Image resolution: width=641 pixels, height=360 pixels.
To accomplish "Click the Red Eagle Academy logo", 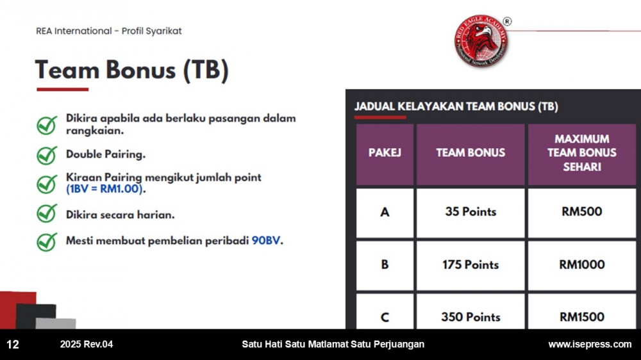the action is click(481, 41).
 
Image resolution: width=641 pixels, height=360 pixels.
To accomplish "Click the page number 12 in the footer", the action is click(13, 345).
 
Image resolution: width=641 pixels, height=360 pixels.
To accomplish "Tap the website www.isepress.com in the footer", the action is click(590, 344).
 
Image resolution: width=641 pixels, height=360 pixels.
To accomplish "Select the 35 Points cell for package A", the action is click(470, 213).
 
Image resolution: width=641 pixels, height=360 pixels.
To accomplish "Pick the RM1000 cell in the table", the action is click(582, 265).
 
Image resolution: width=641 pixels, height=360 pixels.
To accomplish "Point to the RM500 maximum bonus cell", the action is click(582, 213).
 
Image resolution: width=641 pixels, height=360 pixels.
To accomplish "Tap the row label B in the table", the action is click(385, 265).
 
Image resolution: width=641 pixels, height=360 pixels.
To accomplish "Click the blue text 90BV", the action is click(266, 241).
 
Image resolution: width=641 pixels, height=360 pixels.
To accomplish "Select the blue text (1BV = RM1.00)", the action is click(104, 189).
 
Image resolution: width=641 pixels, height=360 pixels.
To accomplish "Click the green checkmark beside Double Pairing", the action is click(47, 155).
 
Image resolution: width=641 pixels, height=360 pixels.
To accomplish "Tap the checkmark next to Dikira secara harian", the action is click(47, 213).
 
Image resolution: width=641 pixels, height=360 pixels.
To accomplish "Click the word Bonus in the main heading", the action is click(140, 70).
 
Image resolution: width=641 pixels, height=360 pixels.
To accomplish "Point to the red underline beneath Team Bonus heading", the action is click(63, 89).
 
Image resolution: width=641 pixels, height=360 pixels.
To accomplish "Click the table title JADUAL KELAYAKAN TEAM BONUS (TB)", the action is click(456, 106).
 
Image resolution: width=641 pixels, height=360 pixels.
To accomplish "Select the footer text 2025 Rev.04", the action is click(87, 344).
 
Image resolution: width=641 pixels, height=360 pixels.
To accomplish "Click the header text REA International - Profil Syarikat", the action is click(109, 31).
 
